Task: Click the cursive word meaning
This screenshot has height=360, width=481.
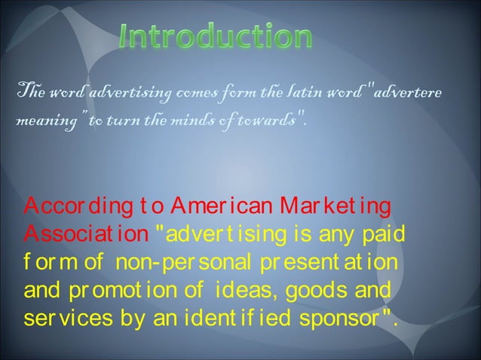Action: pyautogui.click(x=31, y=118)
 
